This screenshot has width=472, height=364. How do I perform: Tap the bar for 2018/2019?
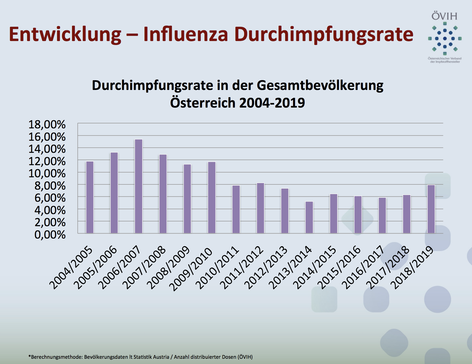[x=431, y=209]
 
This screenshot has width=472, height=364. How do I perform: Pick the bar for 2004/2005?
[x=90, y=197]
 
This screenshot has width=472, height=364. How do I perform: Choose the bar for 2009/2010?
[x=212, y=198]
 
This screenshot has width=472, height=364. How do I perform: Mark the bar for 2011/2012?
[x=260, y=208]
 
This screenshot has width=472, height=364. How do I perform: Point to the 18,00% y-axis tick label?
[x=47, y=124]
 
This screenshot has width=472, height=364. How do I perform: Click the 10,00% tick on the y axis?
[x=47, y=174]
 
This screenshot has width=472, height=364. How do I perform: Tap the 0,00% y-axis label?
[x=50, y=235]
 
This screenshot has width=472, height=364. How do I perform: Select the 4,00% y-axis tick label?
[x=50, y=210]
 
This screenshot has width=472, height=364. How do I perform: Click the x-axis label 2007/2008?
[x=144, y=267]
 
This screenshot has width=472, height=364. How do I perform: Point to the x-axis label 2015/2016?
[x=339, y=267]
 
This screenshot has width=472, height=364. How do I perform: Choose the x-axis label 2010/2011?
[x=217, y=267]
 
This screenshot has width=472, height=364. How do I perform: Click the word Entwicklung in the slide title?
[x=65, y=34]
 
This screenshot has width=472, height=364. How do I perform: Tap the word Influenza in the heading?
[x=186, y=34]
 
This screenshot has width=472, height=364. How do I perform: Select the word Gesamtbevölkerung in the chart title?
[x=320, y=85]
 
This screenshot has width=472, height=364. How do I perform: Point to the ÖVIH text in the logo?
[x=444, y=16]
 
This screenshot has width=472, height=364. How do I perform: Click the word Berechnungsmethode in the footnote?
[x=57, y=357]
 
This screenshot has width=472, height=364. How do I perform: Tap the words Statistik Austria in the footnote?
[x=151, y=357]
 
